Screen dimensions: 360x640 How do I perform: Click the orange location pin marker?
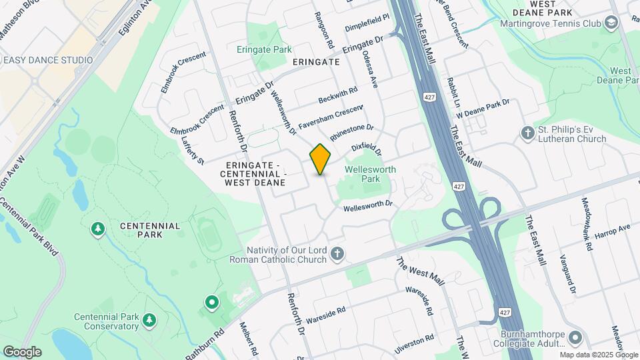point(321,159)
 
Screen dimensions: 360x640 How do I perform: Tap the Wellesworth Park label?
point(370,174)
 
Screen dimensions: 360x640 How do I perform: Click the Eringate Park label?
point(264,49)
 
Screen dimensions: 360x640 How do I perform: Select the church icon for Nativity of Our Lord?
point(338,253)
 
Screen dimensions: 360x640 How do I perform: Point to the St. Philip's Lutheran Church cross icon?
point(528,133)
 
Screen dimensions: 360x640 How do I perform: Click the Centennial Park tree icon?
point(98,230)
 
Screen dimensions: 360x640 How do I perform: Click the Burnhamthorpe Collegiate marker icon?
point(576,337)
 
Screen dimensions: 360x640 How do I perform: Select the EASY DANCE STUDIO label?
point(48,60)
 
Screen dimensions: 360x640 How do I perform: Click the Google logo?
point(22,352)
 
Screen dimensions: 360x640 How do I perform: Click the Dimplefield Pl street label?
point(367,24)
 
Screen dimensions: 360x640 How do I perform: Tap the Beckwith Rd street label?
point(338,94)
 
